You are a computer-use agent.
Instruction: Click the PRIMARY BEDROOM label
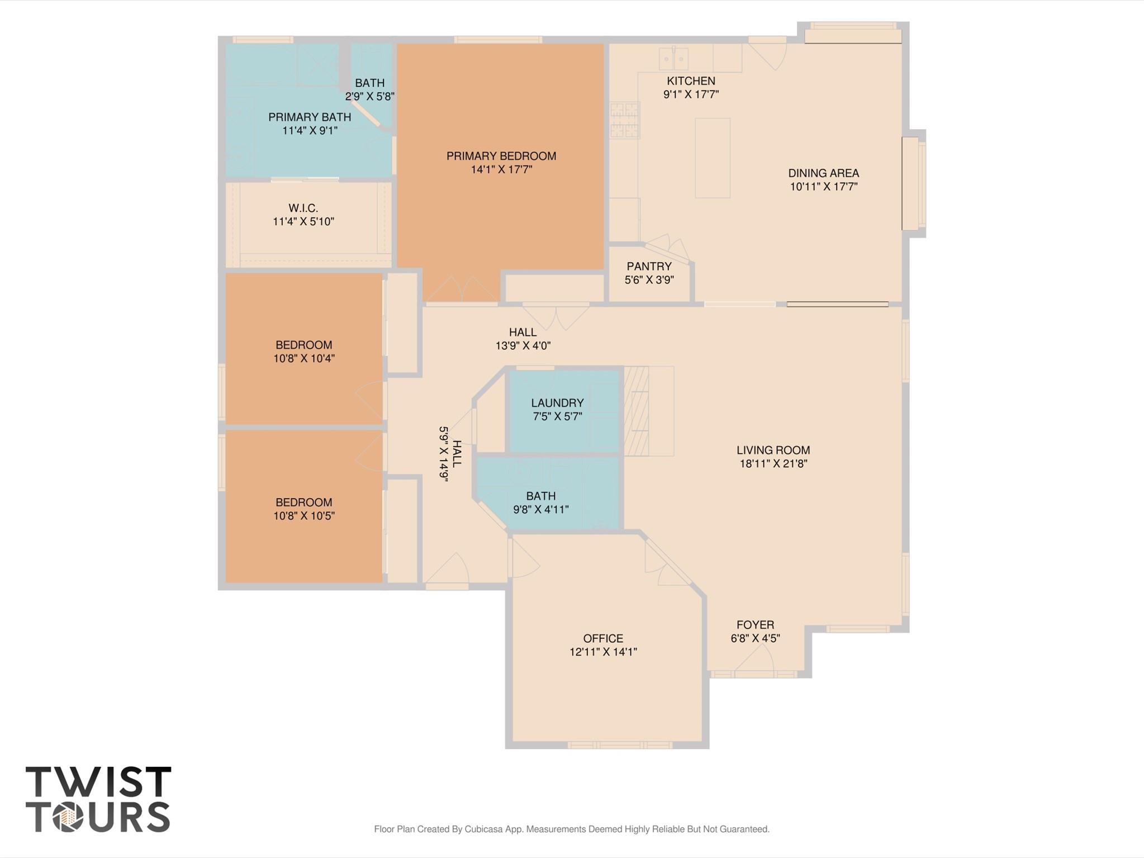tap(501, 156)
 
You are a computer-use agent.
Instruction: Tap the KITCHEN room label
tap(691, 81)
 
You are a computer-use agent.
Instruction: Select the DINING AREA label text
tap(823, 173)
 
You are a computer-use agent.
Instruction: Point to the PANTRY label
tap(649, 266)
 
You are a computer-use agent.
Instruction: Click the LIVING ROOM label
tap(773, 450)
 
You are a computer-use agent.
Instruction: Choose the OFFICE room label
tap(603, 638)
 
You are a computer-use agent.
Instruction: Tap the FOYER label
tap(755, 625)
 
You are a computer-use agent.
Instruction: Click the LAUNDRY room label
tap(557, 403)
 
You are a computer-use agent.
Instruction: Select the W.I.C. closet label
tap(303, 208)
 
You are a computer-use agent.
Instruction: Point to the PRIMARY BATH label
tap(310, 117)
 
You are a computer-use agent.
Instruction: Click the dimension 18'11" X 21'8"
tap(773, 463)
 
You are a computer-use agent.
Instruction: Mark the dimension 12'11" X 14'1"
tap(603, 652)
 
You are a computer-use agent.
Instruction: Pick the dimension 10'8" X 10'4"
tap(303, 358)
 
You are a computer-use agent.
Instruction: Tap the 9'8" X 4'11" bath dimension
tap(541, 509)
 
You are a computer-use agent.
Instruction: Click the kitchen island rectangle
tap(713, 158)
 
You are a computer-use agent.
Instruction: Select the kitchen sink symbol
tap(673, 59)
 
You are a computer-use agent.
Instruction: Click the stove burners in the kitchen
tap(625, 120)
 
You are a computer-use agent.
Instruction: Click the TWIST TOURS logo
tap(98, 799)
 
